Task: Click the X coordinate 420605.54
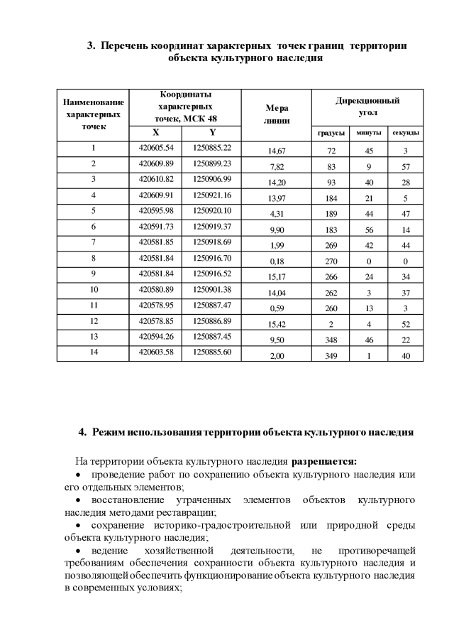[x=155, y=148]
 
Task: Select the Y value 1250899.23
[x=212, y=163]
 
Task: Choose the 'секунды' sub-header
[x=405, y=134]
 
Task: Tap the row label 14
[x=93, y=351]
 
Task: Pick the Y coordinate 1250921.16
[x=212, y=195]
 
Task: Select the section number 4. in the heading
[x=83, y=431]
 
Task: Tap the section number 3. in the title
[x=91, y=46]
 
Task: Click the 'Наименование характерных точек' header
[x=93, y=114]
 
